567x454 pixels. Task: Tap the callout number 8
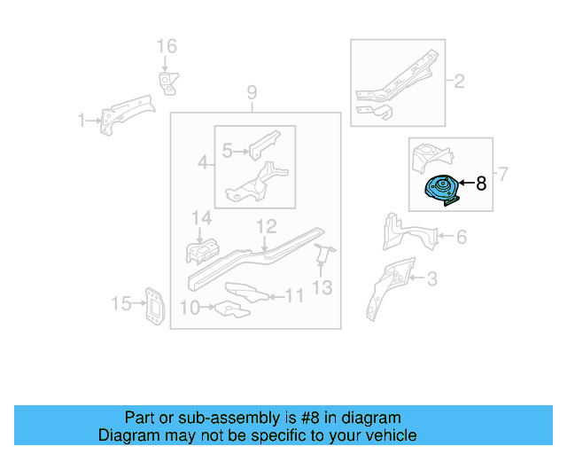coord(482,184)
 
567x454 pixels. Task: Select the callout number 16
coord(167,47)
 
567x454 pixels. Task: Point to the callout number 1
coord(81,121)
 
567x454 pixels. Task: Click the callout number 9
coord(252,93)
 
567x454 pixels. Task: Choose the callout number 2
coord(460,83)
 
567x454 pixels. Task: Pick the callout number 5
coord(228,152)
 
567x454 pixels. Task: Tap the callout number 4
coord(203,163)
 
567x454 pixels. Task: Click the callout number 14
coord(202,218)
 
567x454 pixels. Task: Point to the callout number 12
coord(268,227)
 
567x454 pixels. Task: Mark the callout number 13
coord(322,286)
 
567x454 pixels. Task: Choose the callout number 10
coord(189,308)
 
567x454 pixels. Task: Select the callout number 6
coord(462,237)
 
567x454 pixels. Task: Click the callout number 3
coord(431,280)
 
